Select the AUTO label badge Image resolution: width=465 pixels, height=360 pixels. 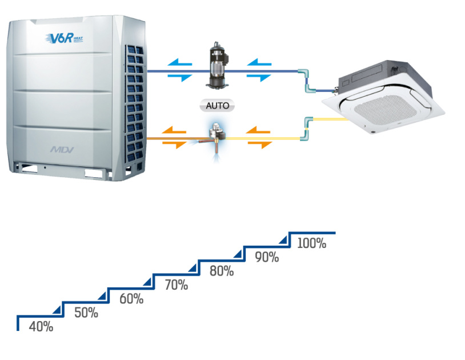217,106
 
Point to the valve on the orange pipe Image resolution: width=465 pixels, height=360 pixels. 216,135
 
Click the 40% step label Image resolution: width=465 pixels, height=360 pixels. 41,327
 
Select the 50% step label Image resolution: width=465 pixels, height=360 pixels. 86,313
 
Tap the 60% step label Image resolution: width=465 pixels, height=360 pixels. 131,298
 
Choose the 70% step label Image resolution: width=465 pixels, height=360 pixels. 176,285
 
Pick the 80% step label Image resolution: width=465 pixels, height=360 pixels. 222,271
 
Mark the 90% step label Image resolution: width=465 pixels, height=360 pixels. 267,257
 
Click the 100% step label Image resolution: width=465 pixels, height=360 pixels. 312,243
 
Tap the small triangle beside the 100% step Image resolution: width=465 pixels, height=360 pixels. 284,239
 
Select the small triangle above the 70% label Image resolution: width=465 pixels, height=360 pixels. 148,281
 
